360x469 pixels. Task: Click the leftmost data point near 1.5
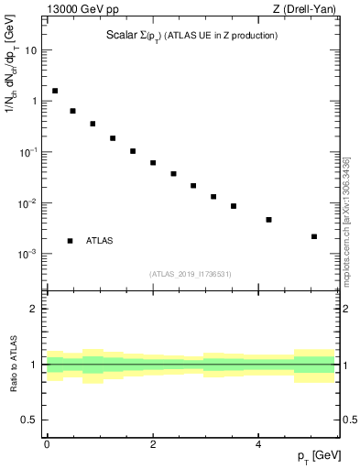point(55,91)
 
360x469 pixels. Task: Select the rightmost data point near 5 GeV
point(314,236)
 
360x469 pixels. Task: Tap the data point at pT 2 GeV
point(153,163)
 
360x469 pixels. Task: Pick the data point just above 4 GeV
point(268,220)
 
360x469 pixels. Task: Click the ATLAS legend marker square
point(71,241)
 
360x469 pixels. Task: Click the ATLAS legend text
point(100,241)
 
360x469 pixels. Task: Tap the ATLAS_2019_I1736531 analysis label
point(191,274)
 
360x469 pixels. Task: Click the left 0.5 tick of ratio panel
point(30,420)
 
